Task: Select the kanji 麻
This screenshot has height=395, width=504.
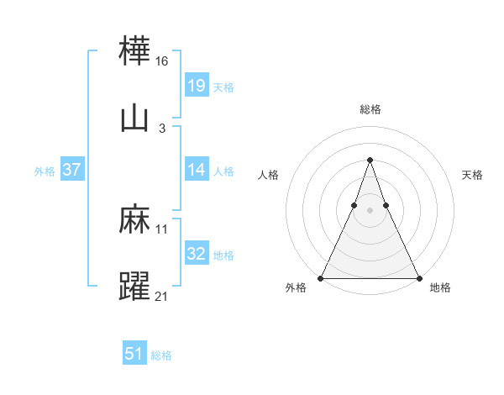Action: [135, 220]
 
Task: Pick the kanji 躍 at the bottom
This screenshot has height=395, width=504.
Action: [135, 286]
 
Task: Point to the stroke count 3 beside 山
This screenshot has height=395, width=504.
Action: [162, 128]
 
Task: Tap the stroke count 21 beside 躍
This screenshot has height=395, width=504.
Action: [162, 295]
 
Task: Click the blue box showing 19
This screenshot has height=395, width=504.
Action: [196, 86]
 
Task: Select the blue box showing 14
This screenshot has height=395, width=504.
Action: [196, 170]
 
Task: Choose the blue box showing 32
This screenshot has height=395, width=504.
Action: [196, 254]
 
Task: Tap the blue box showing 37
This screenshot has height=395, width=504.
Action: [71, 170]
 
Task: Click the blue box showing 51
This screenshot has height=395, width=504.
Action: [134, 354]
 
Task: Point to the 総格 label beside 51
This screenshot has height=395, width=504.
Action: [161, 355]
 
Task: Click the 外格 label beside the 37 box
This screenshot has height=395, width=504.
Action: [45, 171]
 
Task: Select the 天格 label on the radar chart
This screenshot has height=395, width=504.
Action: [473, 175]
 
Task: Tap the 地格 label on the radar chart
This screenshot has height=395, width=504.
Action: [440, 287]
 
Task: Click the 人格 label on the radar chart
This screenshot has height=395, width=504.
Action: [269, 175]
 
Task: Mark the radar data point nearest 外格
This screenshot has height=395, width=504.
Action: [322, 277]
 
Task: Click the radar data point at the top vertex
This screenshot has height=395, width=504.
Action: [370, 160]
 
